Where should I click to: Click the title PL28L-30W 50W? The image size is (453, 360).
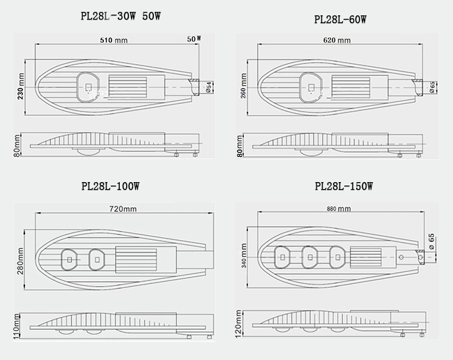click(x=121, y=16)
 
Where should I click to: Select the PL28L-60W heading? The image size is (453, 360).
click(x=340, y=20)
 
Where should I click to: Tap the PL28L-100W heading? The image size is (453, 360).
click(x=110, y=186)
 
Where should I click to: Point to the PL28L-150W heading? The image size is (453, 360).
click(x=344, y=186)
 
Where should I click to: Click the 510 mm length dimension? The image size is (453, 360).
click(x=114, y=40)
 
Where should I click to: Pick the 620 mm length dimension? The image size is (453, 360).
click(x=337, y=40)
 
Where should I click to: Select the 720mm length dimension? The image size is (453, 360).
click(x=123, y=209)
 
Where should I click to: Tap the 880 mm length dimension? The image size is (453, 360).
click(x=339, y=209)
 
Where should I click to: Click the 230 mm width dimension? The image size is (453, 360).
click(x=21, y=87)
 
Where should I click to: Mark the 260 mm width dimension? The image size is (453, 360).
click(x=243, y=87)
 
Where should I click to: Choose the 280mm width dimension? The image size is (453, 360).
click(x=20, y=261)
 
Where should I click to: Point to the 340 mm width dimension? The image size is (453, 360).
click(x=243, y=255)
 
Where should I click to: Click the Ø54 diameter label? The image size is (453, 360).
click(x=210, y=87)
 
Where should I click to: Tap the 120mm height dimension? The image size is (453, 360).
click(x=238, y=323)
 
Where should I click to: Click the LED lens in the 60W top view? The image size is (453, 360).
click(x=310, y=87)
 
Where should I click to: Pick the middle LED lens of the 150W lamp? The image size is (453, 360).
click(x=309, y=257)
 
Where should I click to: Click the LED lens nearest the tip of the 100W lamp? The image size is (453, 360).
click(x=69, y=260)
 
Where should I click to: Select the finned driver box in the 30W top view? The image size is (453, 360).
click(x=127, y=87)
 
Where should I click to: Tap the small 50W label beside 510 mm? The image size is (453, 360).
click(x=194, y=39)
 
